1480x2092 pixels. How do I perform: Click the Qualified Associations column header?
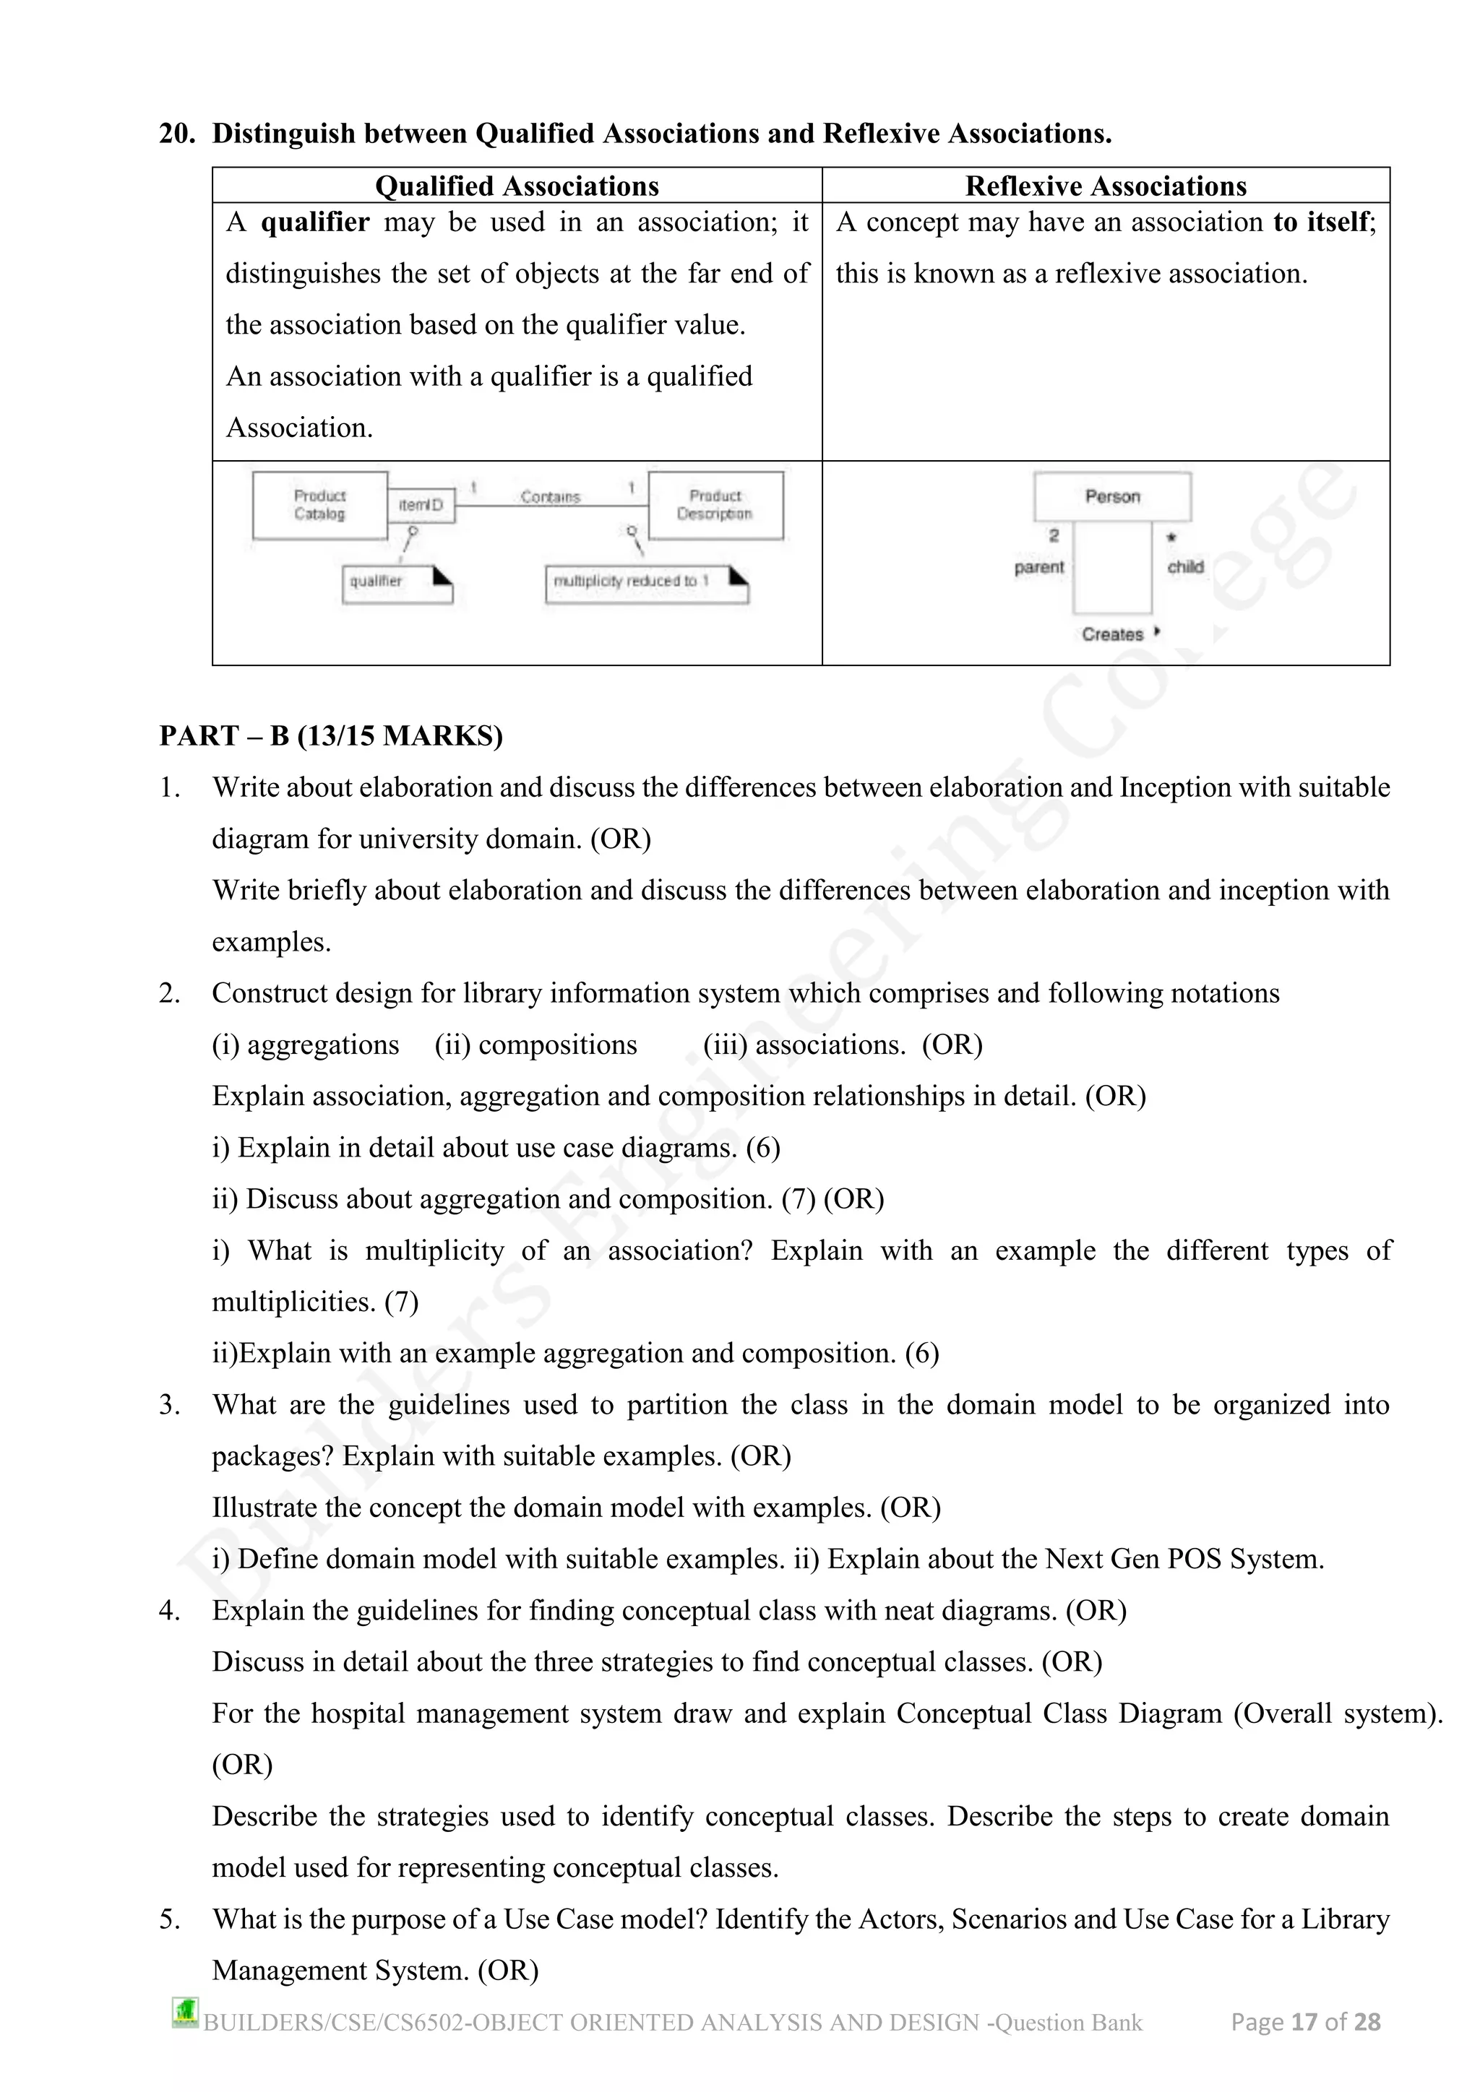517,186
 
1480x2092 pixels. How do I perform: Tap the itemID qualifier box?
421,505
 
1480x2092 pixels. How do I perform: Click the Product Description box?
715,505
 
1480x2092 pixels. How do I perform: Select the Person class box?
1112,496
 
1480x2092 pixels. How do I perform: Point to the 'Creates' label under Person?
1112,634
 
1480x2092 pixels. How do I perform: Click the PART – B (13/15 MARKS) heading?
331,735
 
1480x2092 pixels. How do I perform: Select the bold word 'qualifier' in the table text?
314,222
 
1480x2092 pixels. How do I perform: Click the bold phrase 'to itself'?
1323,222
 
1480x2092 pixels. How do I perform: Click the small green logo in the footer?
185,2013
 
